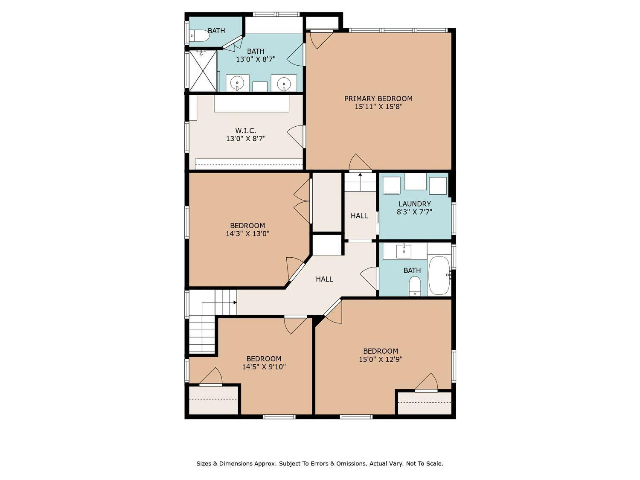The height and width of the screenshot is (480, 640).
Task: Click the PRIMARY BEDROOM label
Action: (x=378, y=99)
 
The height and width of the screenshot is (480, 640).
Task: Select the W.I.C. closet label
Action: (x=245, y=131)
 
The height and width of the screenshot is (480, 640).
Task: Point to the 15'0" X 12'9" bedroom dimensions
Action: (x=381, y=359)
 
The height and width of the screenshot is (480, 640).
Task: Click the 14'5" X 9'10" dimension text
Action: (x=264, y=367)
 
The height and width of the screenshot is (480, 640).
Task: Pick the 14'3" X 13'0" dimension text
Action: (x=247, y=233)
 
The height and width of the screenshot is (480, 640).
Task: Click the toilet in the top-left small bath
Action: (x=199, y=36)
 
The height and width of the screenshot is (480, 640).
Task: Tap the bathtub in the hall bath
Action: (x=439, y=275)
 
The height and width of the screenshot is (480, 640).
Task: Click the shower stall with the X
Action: (x=203, y=70)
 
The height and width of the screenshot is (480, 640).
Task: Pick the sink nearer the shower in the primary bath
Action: (x=237, y=83)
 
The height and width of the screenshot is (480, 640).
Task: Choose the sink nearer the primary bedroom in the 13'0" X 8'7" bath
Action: (x=283, y=83)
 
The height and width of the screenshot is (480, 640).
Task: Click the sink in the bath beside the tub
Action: (x=404, y=251)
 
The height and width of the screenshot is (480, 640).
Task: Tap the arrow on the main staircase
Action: (x=235, y=302)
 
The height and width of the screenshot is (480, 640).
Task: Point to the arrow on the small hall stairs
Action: (x=360, y=175)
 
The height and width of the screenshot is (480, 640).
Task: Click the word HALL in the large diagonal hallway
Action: (x=324, y=279)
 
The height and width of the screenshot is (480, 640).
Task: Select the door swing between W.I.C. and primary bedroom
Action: (x=295, y=137)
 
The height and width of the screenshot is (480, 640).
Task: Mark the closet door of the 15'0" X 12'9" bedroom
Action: (x=426, y=382)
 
